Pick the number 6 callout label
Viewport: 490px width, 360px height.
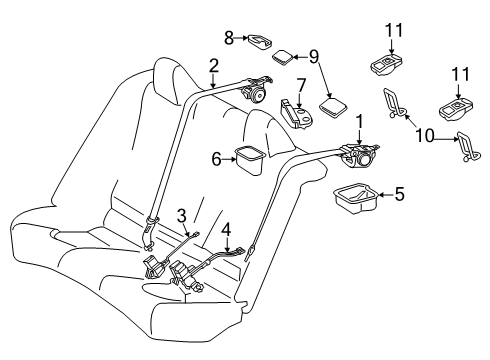[216, 157]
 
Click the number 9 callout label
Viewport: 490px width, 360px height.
[314, 56]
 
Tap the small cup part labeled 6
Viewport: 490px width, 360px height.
[247, 158]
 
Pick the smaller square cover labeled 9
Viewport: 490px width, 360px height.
[283, 57]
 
